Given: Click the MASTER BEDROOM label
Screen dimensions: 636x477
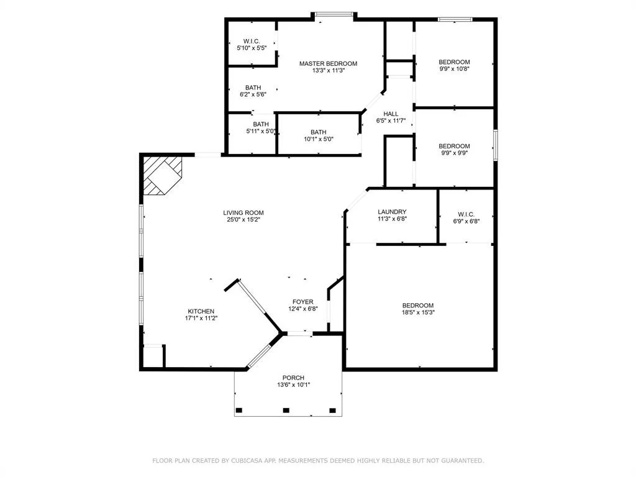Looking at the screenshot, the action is [328, 64].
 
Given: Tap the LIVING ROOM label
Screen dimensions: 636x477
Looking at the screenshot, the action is [243, 212].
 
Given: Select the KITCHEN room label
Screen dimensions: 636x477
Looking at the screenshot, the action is [201, 312].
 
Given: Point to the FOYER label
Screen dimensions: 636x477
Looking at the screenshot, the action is [303, 302].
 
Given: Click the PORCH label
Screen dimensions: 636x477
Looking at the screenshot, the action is [293, 378].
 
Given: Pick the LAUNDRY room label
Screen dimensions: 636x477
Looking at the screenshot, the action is [392, 212].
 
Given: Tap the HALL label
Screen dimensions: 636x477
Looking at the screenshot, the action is [391, 114].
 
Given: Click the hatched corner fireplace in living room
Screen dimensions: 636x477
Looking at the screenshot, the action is [163, 175].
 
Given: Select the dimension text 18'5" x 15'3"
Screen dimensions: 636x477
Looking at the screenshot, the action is [418, 312].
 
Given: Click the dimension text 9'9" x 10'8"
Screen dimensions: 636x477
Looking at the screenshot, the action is [454, 69].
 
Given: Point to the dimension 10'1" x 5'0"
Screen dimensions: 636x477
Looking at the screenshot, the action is [319, 139].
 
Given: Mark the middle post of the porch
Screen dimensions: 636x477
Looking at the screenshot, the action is [286, 411].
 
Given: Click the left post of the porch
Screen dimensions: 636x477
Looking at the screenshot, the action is [239, 411].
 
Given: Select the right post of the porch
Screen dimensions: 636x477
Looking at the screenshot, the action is [333, 411].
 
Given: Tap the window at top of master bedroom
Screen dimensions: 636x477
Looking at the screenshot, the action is [334, 15].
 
